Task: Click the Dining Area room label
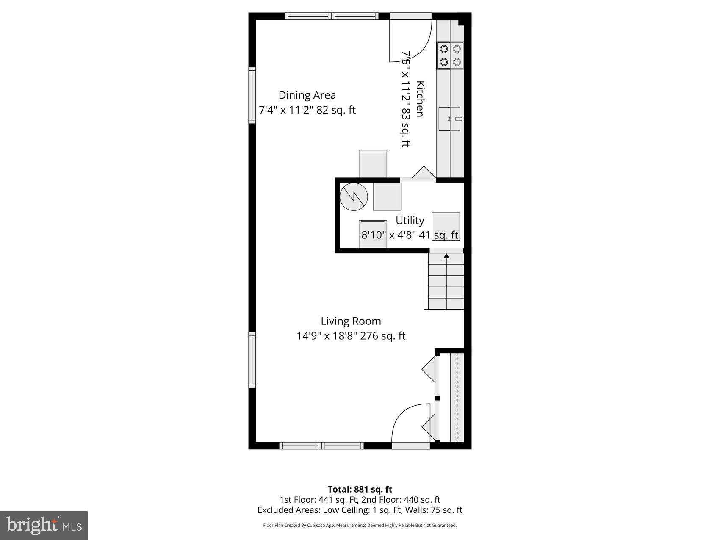pyautogui.click(x=307, y=95)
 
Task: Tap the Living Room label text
pyautogui.click(x=351, y=321)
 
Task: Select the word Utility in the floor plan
pyautogui.click(x=410, y=221)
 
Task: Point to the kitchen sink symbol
pyautogui.click(x=449, y=119)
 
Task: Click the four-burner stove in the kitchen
pyautogui.click(x=450, y=55)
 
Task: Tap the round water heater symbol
pyautogui.click(x=354, y=197)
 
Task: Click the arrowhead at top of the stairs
pyautogui.click(x=446, y=256)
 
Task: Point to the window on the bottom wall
pyautogui.click(x=321, y=446)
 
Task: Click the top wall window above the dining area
pyautogui.click(x=331, y=16)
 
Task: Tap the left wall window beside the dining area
pyautogui.click(x=252, y=95)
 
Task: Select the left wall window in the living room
pyautogui.click(x=252, y=360)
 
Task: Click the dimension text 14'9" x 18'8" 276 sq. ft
pyautogui.click(x=351, y=336)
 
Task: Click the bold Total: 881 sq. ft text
pyautogui.click(x=360, y=490)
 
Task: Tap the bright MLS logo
pyautogui.click(x=44, y=526)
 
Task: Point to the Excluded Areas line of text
pyautogui.click(x=360, y=510)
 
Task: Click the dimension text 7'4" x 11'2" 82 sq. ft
pyautogui.click(x=307, y=110)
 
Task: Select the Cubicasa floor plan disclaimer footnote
pyautogui.click(x=360, y=525)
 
